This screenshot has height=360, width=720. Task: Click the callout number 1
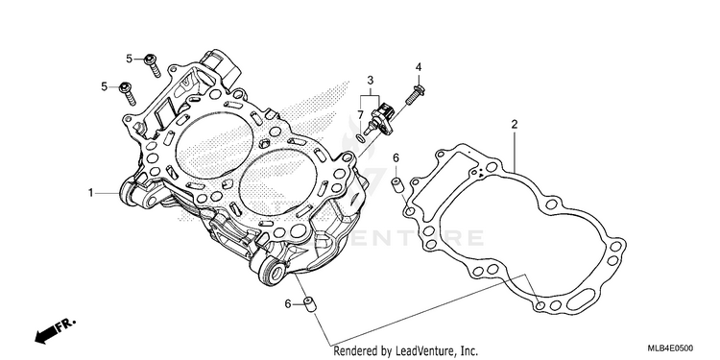91,193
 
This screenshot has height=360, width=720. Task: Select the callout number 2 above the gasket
515,124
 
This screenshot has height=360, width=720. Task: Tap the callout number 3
371,82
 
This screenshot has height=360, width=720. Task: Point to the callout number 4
419,67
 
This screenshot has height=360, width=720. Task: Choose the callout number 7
361,114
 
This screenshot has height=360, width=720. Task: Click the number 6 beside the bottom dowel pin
288,303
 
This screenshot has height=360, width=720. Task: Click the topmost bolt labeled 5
153,65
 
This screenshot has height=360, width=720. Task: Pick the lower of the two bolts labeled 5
128,94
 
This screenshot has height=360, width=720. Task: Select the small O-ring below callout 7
362,138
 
